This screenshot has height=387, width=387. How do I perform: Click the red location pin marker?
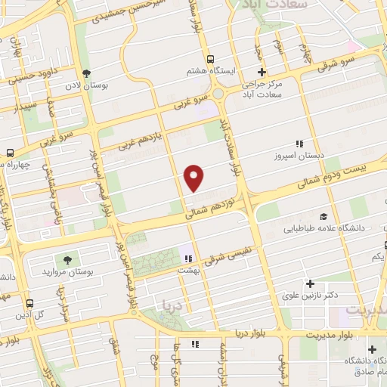point(195,178)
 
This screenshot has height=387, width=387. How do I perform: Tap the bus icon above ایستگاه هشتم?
point(211,60)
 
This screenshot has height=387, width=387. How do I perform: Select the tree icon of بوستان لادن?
point(88,73)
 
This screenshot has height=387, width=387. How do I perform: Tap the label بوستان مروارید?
point(69,271)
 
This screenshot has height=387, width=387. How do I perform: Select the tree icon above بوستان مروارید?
point(69,259)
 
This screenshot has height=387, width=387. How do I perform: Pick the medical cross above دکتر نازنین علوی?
point(310,284)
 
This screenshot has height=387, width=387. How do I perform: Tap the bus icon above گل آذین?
point(29,303)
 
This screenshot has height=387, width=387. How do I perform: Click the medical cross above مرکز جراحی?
point(262,72)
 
